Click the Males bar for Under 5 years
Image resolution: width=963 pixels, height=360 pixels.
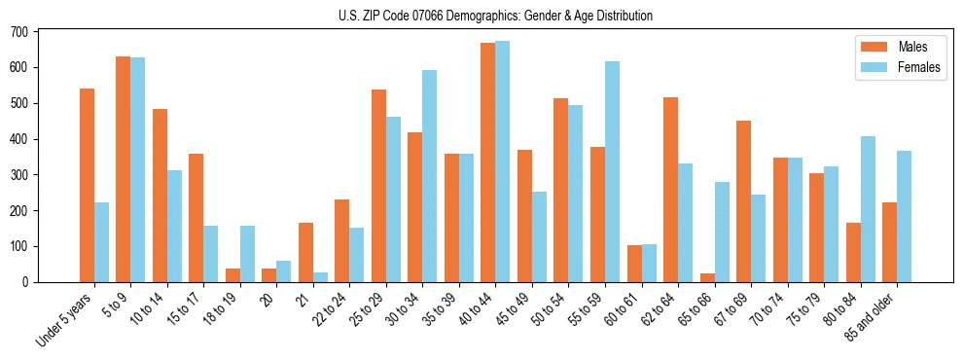point(87,185)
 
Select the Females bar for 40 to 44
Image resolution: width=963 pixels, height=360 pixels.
point(503,162)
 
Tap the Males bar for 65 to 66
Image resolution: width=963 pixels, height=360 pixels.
point(707,277)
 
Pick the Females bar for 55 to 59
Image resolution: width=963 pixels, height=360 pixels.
point(612,171)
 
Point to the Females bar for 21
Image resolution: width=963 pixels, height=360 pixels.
point(320,277)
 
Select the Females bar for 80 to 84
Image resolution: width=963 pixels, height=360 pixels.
point(868,209)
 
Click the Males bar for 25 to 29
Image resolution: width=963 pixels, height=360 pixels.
point(378,186)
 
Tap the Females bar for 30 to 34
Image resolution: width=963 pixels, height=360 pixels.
point(430,176)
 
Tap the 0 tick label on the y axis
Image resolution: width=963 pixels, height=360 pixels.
point(26,282)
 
